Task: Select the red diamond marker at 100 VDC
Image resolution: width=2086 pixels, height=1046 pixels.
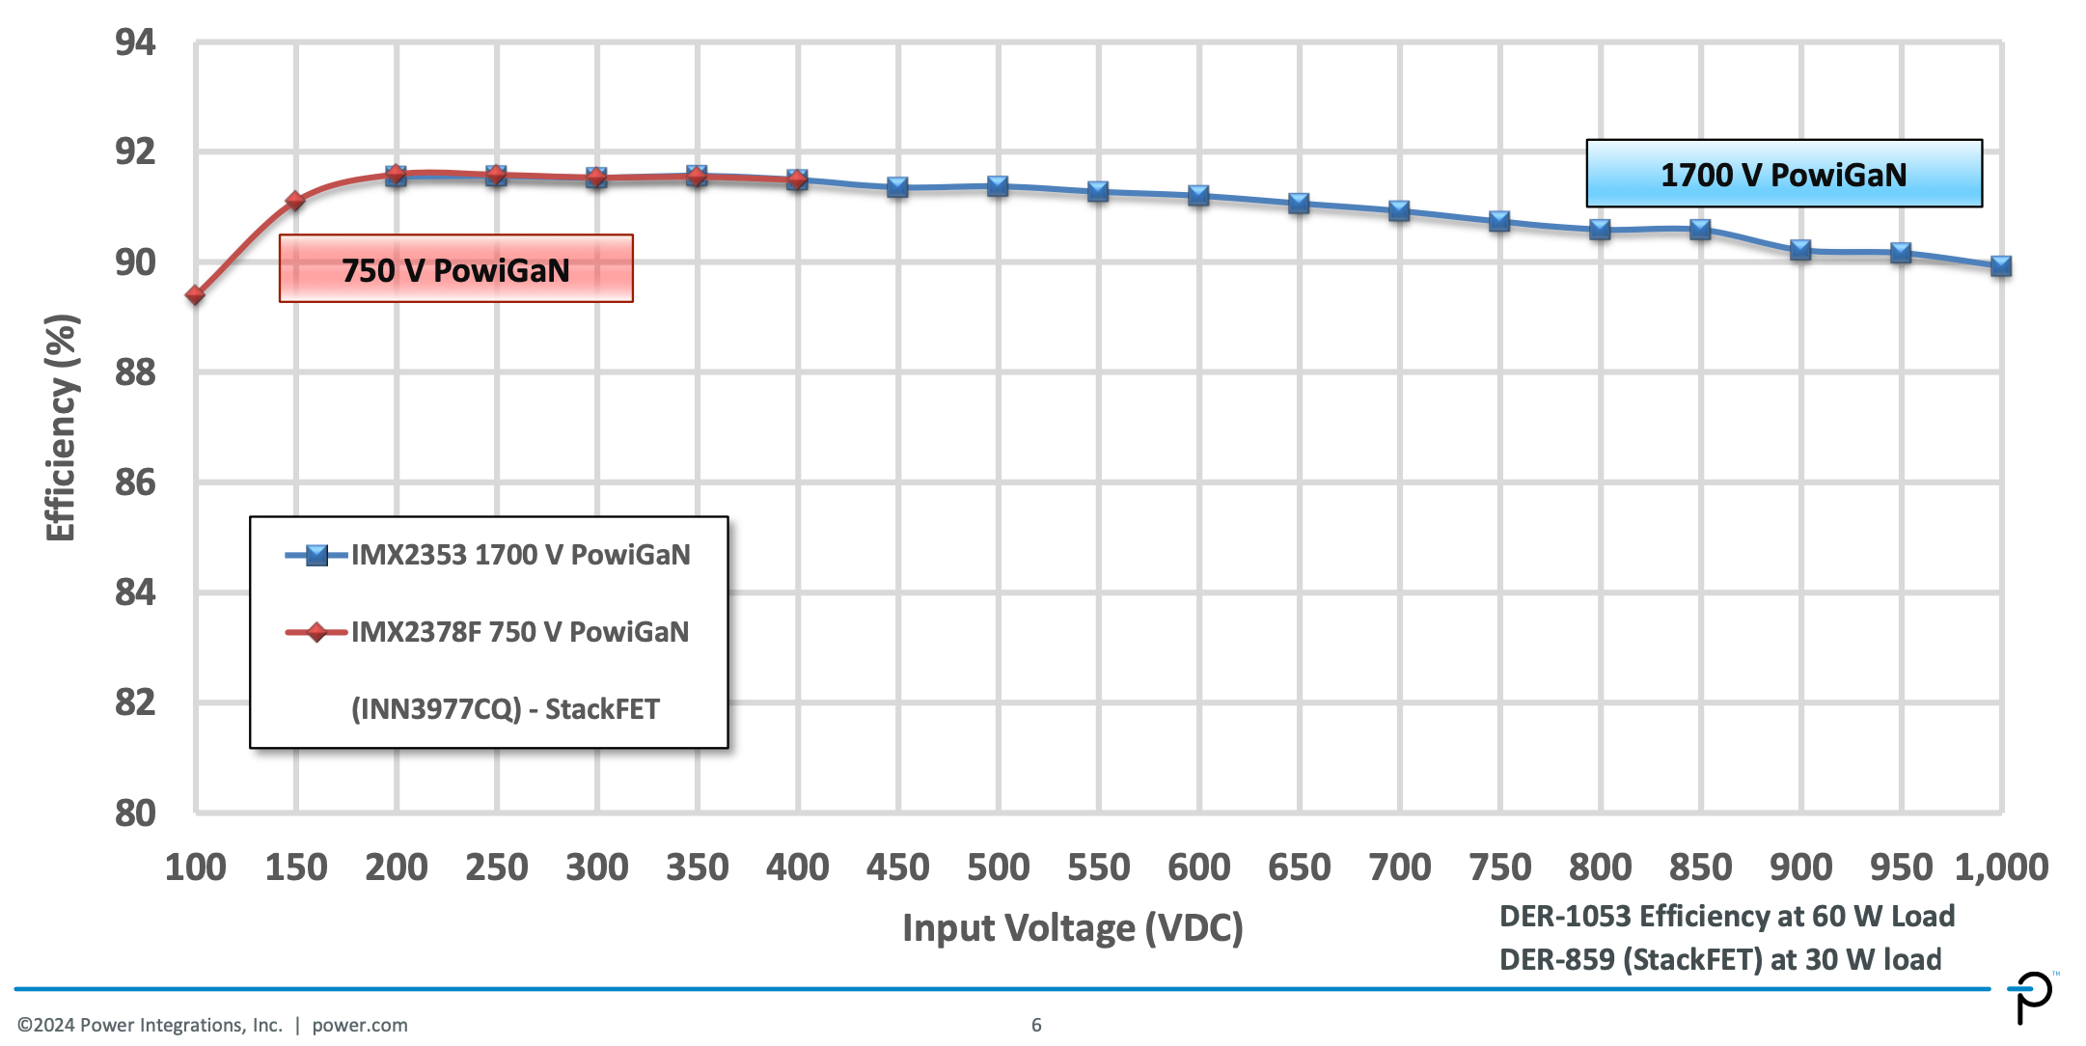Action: pyautogui.click(x=196, y=294)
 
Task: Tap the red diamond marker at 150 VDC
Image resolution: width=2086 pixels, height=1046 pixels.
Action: pyautogui.click(x=295, y=201)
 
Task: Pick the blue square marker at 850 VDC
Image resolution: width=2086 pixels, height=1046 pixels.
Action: pyautogui.click(x=1700, y=230)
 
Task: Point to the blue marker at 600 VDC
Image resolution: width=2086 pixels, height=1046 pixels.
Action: pyautogui.click(x=1198, y=196)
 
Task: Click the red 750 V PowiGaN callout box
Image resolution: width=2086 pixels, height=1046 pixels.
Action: pyautogui.click(x=455, y=269)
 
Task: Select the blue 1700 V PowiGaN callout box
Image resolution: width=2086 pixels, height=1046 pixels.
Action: pyautogui.click(x=1783, y=175)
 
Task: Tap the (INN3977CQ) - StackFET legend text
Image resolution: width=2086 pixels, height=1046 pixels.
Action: pyautogui.click(x=505, y=709)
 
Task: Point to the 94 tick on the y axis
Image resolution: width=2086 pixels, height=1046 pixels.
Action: pyautogui.click(x=135, y=42)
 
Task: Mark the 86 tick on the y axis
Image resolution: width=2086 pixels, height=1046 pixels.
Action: pyautogui.click(x=135, y=482)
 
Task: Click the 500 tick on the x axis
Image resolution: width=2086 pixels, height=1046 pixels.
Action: pyautogui.click(x=998, y=867)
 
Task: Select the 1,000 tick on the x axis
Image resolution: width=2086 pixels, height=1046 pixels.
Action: pyautogui.click(x=2000, y=867)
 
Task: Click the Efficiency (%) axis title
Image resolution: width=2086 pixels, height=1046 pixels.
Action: pyautogui.click(x=60, y=427)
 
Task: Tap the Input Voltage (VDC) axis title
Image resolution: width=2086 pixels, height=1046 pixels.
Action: pyautogui.click(x=1072, y=927)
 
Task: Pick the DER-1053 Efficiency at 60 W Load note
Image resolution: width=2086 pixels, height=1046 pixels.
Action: pyautogui.click(x=1726, y=916)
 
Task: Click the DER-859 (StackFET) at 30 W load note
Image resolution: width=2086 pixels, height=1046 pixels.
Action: pyautogui.click(x=1719, y=959)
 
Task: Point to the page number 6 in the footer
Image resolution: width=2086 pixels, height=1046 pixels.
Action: pyautogui.click(x=1036, y=1025)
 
